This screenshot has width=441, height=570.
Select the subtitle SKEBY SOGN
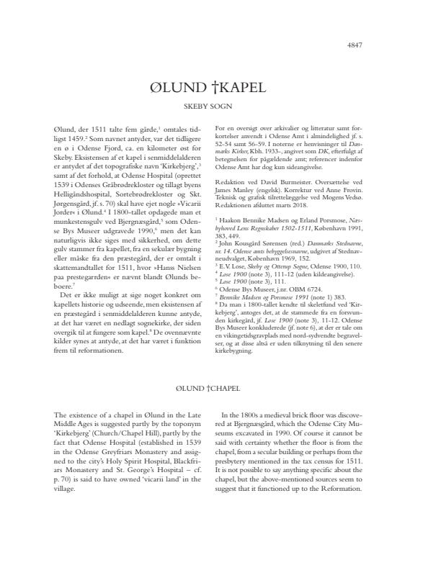[220, 106]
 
